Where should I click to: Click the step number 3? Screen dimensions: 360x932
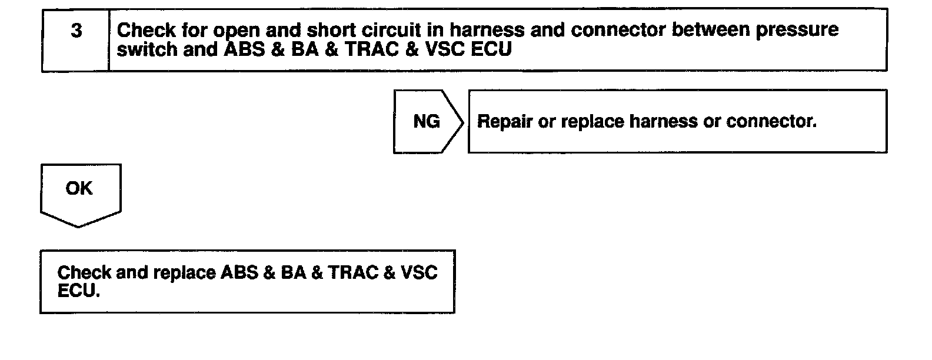tap(76, 31)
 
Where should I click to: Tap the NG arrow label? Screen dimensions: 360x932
tap(427, 121)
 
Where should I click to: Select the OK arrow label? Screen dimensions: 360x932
tap(79, 188)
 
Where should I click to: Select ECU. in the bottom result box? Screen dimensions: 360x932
tap(78, 291)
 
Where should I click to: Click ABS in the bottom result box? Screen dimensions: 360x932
tap(239, 273)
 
